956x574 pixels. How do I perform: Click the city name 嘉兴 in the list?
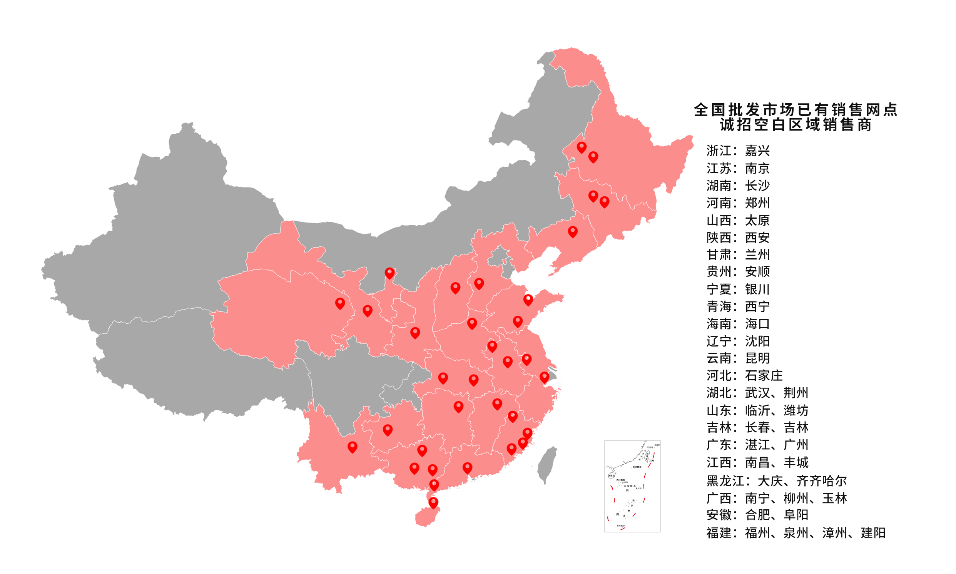757,151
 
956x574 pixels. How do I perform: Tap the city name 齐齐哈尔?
821,481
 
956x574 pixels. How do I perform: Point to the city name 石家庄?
764,376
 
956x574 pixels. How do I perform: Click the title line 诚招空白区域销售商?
795,125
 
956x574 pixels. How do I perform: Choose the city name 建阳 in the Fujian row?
873,533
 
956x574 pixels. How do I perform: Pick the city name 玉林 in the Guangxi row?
834,498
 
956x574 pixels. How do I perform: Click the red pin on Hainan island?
433,502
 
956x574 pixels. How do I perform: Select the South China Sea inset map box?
632,486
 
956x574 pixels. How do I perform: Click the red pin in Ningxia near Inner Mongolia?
389,273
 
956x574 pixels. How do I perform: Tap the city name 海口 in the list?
757,324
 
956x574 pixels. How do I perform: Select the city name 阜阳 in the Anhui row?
796,515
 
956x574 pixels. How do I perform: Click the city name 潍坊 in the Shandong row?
796,410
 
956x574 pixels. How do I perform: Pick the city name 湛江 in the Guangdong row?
757,445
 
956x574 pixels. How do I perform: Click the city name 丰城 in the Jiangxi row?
796,463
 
